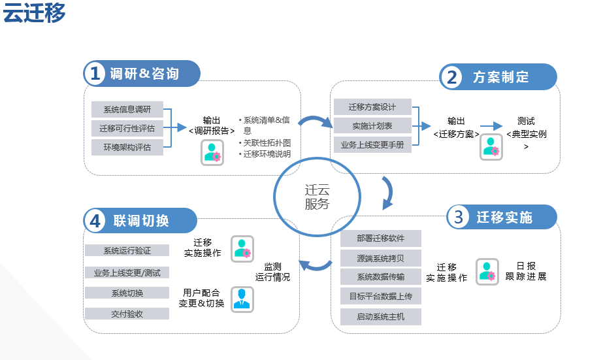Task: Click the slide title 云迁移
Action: [x=34, y=13]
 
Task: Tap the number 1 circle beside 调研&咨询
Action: [x=95, y=73]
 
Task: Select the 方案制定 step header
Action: [x=500, y=76]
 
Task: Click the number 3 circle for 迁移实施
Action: [x=459, y=217]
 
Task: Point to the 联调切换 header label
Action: [x=140, y=220]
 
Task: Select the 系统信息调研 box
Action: [x=127, y=109]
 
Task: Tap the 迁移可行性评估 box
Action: [x=127, y=128]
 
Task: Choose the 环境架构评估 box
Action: [x=127, y=147]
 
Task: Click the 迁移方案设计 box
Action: [x=372, y=106]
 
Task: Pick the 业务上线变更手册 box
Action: [x=372, y=144]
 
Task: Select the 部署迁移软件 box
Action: [x=381, y=238]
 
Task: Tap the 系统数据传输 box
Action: [x=381, y=276]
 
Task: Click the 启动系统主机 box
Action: [x=381, y=316]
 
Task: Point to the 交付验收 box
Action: [x=127, y=314]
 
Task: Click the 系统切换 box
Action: [x=127, y=293]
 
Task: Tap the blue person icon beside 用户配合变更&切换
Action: [x=242, y=299]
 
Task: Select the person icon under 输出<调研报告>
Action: [x=212, y=152]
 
